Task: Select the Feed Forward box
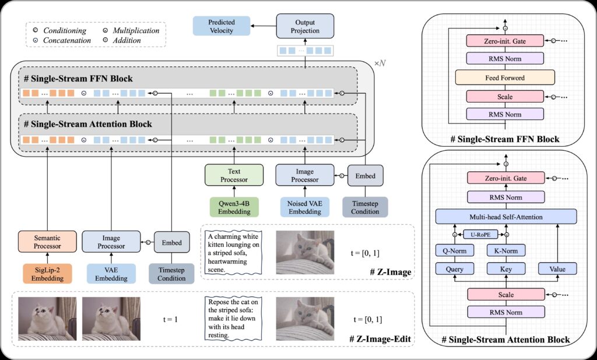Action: tap(505, 77)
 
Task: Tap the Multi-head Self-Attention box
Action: tap(505, 217)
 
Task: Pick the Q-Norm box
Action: tap(452, 250)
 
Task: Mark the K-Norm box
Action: tap(505, 250)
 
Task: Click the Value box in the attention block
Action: tap(557, 269)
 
